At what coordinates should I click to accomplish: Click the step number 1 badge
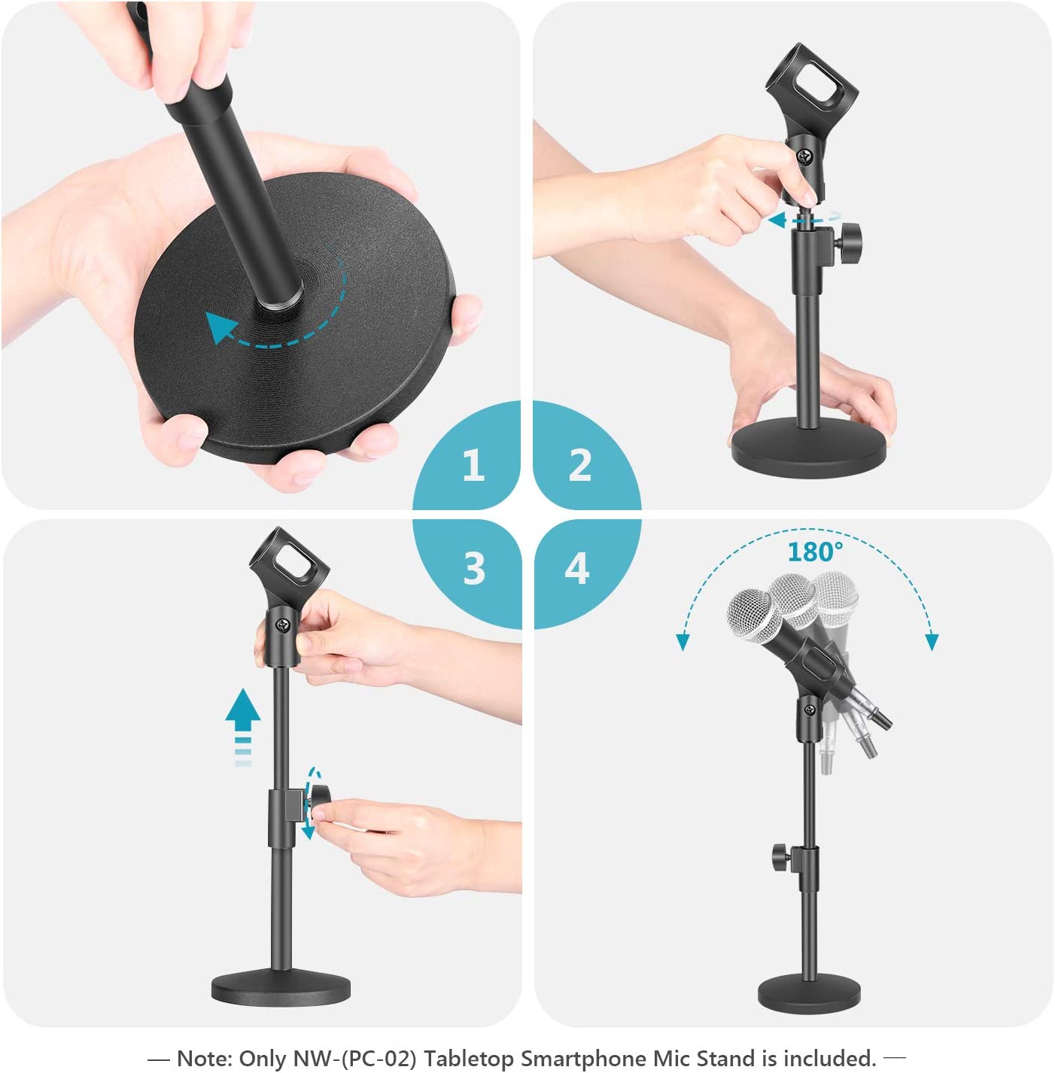click(473, 465)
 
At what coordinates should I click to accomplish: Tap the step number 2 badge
click(579, 465)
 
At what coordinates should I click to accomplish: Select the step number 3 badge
click(474, 568)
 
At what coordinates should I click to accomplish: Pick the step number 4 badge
click(577, 568)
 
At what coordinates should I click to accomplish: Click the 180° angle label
click(814, 552)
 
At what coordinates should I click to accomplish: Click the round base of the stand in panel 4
click(808, 992)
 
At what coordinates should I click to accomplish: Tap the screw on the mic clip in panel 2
click(806, 157)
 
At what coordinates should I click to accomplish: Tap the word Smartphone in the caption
click(585, 1058)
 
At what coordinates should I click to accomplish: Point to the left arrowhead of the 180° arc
click(683, 642)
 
